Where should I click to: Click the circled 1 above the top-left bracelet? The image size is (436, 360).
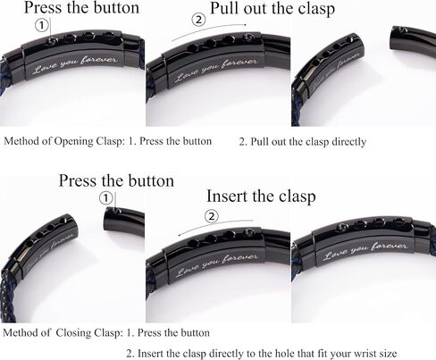(42, 25)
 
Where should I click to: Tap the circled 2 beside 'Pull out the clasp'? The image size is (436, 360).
(198, 20)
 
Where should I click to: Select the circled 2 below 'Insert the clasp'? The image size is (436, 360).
(212, 216)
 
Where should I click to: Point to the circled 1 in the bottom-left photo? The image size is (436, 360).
(106, 198)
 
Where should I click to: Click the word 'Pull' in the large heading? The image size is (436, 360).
(224, 8)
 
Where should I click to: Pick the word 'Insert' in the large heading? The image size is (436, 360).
(227, 197)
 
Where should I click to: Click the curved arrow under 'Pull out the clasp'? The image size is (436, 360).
(209, 30)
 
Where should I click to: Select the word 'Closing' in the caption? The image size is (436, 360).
(74, 332)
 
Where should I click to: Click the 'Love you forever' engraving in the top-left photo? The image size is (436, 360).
(75, 64)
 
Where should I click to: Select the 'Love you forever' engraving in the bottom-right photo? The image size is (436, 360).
(365, 250)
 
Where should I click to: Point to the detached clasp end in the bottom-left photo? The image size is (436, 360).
(124, 221)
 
